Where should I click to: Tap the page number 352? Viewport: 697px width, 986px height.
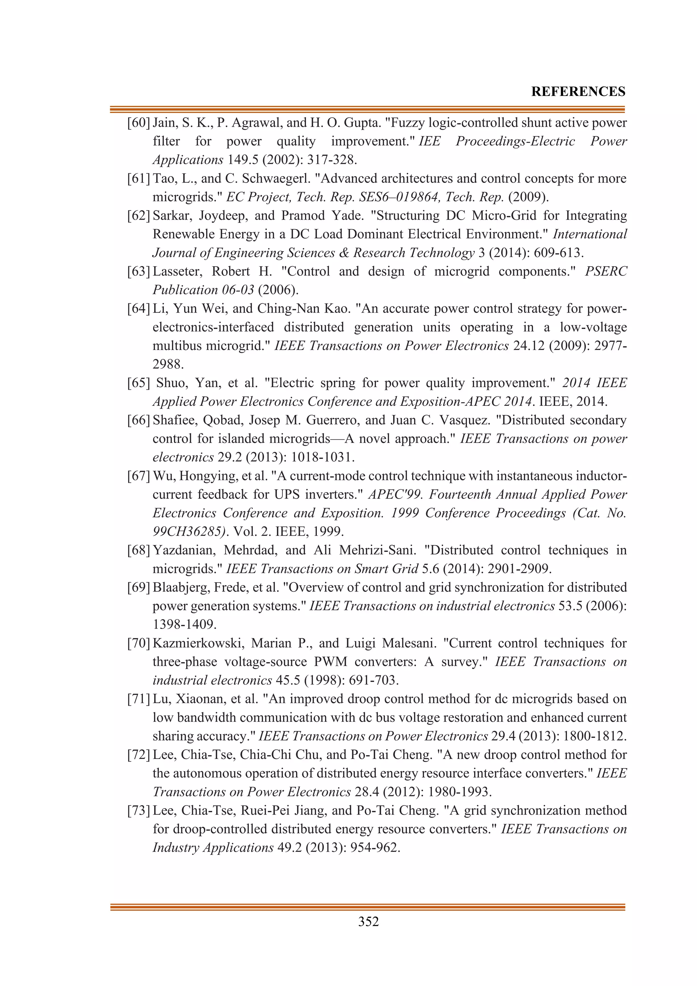(x=368, y=922)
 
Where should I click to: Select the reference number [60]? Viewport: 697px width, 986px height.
(x=138, y=123)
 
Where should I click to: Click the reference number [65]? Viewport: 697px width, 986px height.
(x=138, y=383)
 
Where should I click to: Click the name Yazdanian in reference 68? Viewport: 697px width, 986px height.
(x=183, y=550)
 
